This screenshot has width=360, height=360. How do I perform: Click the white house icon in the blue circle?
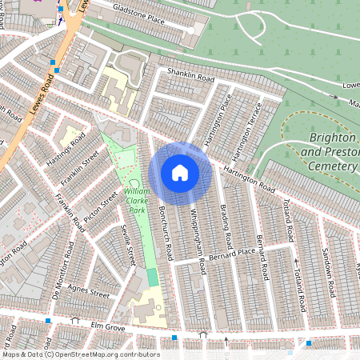pyautogui.click(x=180, y=172)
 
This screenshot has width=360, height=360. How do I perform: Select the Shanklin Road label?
pyautogui.click(x=190, y=78)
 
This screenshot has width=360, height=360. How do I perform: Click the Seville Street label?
pyautogui.click(x=128, y=245)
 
